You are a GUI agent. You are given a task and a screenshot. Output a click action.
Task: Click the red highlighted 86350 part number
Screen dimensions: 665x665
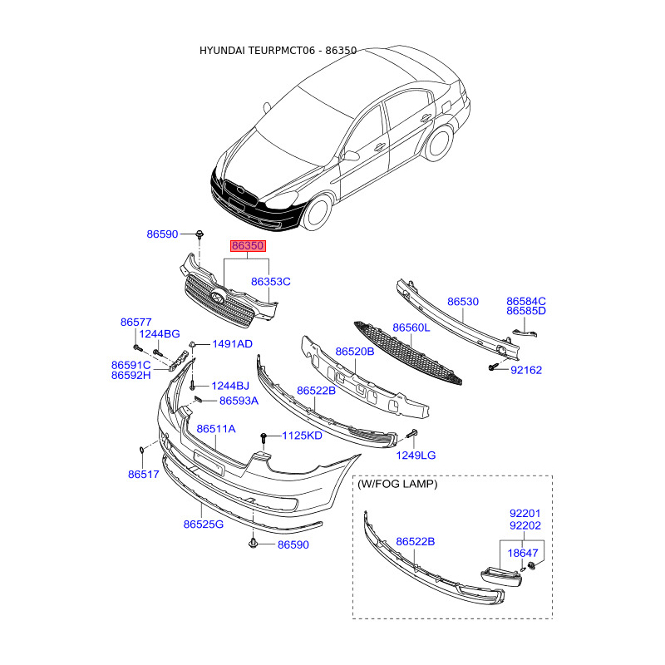click(248, 247)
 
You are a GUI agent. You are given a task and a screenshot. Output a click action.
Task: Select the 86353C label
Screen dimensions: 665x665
click(271, 282)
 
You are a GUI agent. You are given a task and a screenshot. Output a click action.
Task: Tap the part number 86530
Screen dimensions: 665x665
click(463, 302)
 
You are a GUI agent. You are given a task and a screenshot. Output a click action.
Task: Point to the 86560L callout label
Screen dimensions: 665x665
click(411, 328)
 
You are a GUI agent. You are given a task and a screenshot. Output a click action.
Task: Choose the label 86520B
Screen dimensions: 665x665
click(355, 352)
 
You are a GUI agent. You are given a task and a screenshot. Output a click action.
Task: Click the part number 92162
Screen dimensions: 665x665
click(526, 370)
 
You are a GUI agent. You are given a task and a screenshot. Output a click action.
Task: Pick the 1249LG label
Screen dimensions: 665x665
click(416, 456)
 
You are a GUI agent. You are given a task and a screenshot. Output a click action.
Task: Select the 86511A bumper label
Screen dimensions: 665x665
click(216, 429)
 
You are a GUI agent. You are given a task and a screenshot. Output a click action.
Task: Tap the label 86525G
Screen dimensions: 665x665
click(204, 525)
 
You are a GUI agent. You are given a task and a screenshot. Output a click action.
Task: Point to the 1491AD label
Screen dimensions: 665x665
click(232, 344)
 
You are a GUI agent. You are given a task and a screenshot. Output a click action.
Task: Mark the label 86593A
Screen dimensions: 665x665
click(239, 401)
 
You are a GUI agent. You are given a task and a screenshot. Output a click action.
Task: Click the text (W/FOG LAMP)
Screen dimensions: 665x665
click(397, 483)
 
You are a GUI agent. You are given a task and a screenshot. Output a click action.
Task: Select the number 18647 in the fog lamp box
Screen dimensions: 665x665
click(525, 552)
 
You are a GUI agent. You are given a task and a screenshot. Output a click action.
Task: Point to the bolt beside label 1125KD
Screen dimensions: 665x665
click(264, 436)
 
